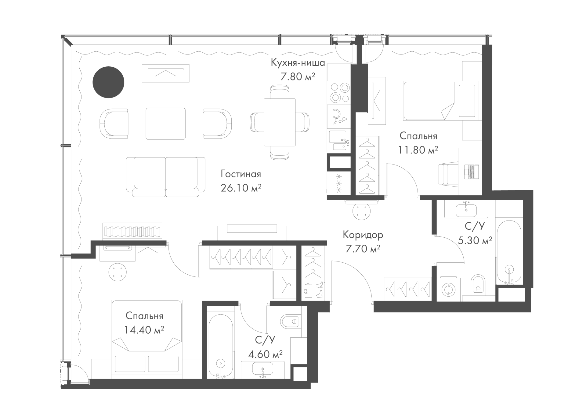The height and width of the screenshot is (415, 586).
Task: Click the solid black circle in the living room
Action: pyautogui.click(x=108, y=82)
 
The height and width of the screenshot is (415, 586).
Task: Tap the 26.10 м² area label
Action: pyautogui.click(x=241, y=188)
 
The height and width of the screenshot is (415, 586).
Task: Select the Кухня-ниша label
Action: pyautogui.click(x=298, y=63)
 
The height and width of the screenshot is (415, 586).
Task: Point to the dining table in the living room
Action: pyautogui.click(x=280, y=122)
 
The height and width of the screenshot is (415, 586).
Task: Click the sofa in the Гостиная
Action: pyautogui.click(x=166, y=177)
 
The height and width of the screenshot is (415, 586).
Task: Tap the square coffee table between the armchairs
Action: pyautogui.click(x=166, y=124)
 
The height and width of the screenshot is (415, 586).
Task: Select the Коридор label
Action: pyautogui.click(x=363, y=235)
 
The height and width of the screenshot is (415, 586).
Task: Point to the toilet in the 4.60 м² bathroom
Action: pyautogui.click(x=290, y=321)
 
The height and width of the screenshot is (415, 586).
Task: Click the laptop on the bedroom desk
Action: pyautogui.click(x=471, y=172)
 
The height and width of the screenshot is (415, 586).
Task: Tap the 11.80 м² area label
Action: pyautogui.click(x=418, y=150)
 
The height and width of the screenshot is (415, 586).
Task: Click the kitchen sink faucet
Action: pyautogui.click(x=346, y=141)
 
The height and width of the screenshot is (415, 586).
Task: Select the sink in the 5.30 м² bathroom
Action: pyautogui.click(x=466, y=210)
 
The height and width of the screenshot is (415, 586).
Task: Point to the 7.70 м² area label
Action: pyautogui.click(x=363, y=249)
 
